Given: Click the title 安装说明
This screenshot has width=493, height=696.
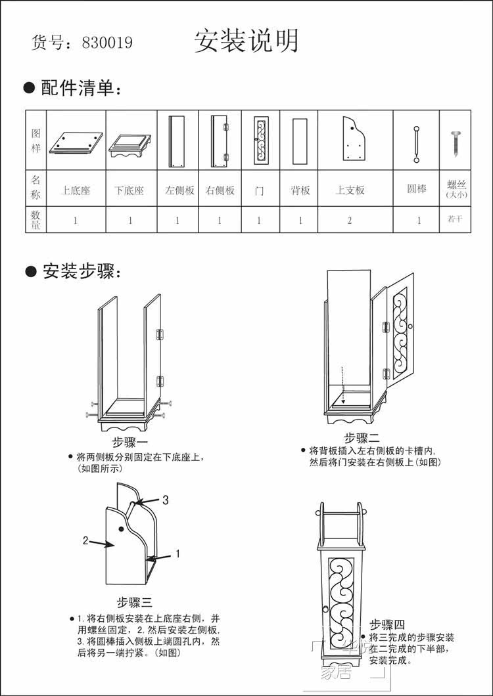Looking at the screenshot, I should pyautogui.click(x=246, y=41).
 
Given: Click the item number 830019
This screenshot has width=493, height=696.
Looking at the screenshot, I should pyautogui.click(x=107, y=43).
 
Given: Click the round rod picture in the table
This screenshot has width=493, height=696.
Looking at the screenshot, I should pyautogui.click(x=416, y=144).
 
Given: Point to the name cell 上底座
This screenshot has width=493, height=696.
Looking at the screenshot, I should pyautogui.click(x=76, y=190).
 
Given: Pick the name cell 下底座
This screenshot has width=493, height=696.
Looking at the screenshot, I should pyautogui.click(x=129, y=190).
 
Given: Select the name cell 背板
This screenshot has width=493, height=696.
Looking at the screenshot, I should pyautogui.click(x=300, y=190).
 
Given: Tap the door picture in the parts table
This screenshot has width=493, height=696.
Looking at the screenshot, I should pyautogui.click(x=260, y=141).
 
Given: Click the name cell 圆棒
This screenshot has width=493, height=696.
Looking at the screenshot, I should pyautogui.click(x=417, y=189).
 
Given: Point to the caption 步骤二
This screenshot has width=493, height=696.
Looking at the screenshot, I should pyautogui.click(x=362, y=438).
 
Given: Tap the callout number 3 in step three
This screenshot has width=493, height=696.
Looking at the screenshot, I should pyautogui.click(x=166, y=500).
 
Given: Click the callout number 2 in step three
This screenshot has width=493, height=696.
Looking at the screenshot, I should pyautogui.click(x=85, y=540).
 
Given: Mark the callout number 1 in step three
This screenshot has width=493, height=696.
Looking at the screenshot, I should pyautogui.click(x=177, y=554).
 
